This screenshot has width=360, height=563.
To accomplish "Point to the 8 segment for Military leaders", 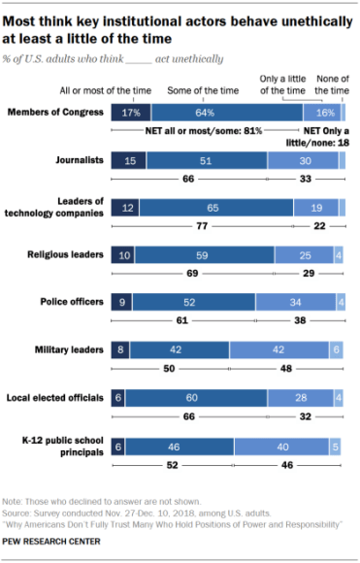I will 120,348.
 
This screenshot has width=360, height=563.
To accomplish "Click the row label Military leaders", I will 70,348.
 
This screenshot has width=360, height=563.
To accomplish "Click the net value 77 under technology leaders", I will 203,225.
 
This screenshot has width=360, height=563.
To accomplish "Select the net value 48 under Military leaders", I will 287,366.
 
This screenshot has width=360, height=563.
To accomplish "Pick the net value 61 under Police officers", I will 183,318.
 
